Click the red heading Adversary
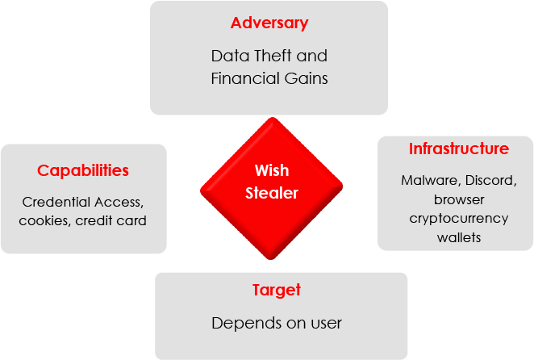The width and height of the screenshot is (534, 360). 269,23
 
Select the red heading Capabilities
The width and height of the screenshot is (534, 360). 83,170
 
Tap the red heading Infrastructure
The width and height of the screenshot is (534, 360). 458,149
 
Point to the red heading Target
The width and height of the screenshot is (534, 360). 277,290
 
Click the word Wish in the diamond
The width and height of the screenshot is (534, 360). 272,170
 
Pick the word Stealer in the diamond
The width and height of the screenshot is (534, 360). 272,193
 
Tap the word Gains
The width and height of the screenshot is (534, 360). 307,79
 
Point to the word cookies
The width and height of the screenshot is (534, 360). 45,220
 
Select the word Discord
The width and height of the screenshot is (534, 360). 490,180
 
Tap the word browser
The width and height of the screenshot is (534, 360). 459,199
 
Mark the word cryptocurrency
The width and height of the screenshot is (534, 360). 459,218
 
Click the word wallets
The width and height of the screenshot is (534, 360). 459,237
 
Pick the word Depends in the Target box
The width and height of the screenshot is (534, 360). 240,324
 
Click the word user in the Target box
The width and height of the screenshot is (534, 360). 326,324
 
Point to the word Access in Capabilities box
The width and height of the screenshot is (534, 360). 120,202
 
